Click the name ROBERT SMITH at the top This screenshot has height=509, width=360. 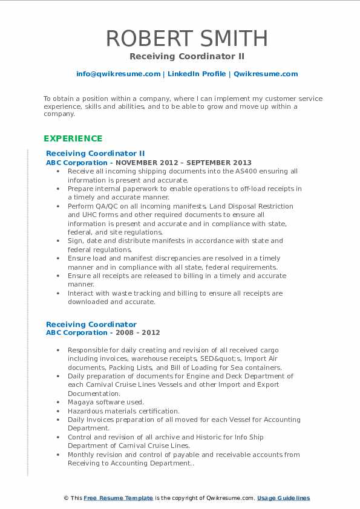point(186,38)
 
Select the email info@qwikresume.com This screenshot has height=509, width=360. point(118,74)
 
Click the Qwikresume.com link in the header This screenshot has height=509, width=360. point(266,74)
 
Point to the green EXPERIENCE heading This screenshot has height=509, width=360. point(73,138)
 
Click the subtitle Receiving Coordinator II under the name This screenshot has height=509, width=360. point(186,56)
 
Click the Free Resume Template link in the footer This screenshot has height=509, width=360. point(118,498)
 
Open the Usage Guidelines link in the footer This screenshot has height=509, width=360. point(283,498)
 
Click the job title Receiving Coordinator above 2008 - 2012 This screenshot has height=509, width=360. point(91,324)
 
